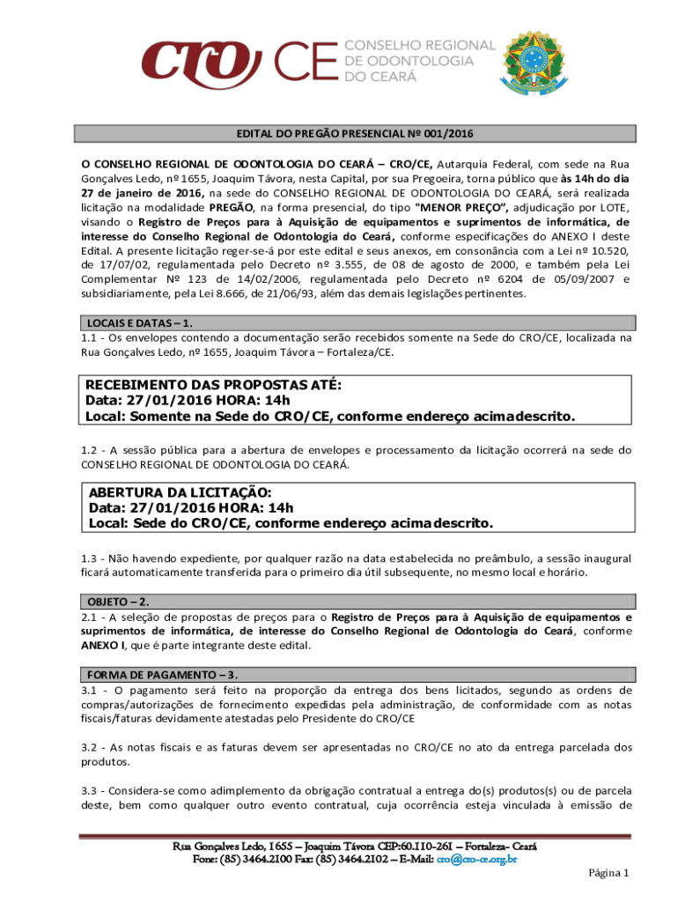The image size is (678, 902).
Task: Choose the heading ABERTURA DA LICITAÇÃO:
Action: pos(180,492)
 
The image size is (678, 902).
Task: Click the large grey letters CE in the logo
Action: pos(306,63)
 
